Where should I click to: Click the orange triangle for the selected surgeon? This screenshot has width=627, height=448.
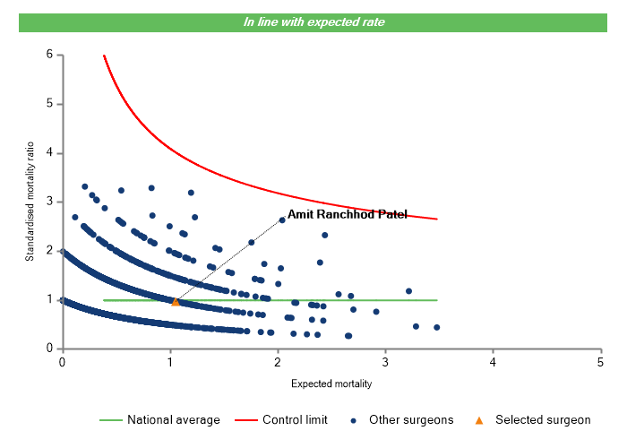click(x=176, y=302)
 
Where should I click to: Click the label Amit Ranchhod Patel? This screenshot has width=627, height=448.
click(x=347, y=215)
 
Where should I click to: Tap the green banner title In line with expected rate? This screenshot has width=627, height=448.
click(x=313, y=22)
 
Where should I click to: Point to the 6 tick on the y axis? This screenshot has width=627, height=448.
click(x=49, y=55)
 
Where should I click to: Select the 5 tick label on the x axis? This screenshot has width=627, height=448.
click(x=600, y=362)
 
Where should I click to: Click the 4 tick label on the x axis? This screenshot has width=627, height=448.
click(x=493, y=362)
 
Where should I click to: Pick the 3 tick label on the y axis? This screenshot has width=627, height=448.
click(x=49, y=202)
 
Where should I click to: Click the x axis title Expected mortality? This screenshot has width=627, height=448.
click(x=331, y=383)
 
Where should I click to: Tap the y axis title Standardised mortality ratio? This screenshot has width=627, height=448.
click(x=30, y=202)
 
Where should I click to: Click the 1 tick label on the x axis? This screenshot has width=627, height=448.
click(x=169, y=362)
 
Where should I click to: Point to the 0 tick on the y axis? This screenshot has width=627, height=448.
click(x=49, y=349)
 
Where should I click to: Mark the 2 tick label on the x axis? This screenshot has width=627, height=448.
click(x=277, y=362)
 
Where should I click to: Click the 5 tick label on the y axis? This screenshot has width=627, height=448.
click(x=49, y=104)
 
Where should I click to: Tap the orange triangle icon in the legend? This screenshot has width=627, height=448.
click(x=479, y=419)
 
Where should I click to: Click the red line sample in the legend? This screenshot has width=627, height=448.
click(x=245, y=419)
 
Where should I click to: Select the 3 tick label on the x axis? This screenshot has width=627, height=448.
click(x=384, y=362)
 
